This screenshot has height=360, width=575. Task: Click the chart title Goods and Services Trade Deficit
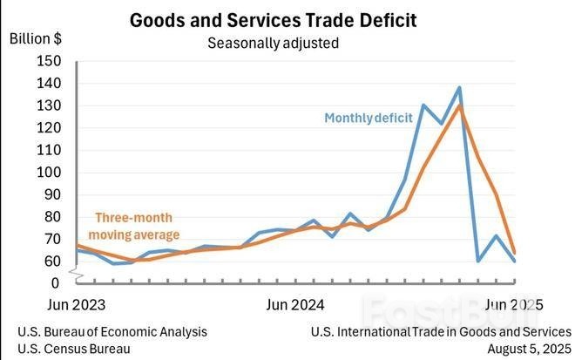273,19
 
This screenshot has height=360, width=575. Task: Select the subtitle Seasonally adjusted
273,42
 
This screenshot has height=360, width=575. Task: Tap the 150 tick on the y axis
49,61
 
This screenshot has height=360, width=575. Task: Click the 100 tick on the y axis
49,173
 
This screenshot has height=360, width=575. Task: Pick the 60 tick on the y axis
52,262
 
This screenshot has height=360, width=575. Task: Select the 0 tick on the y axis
56,283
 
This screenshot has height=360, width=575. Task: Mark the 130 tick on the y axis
49,105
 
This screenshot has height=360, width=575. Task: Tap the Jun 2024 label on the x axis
294,305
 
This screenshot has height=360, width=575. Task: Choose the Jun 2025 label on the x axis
514,305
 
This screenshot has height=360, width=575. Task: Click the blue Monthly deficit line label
369,119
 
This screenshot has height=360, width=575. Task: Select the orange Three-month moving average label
138,226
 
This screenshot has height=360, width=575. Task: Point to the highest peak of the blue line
459,87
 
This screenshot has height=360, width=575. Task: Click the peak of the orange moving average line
459,105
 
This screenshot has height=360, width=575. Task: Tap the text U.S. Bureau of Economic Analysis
112,332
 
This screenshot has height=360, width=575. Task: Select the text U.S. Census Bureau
74,349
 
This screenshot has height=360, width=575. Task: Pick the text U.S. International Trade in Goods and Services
441,332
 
